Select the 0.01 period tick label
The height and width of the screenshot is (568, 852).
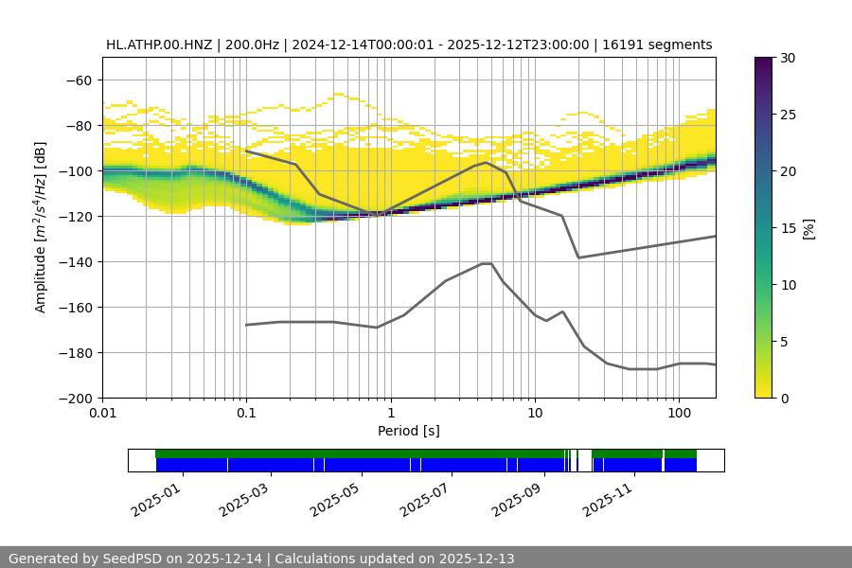point(102,414)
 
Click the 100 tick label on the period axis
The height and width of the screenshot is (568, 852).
point(678,414)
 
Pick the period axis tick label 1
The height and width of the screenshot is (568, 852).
point(390,414)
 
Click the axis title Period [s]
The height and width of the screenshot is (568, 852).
point(409,431)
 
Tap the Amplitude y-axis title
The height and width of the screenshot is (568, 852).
point(41,227)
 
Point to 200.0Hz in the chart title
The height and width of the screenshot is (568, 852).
point(256,44)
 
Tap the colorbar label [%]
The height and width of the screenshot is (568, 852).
point(808,227)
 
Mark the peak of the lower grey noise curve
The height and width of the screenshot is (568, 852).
point(487,263)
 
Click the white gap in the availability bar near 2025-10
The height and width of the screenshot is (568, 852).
point(585,460)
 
